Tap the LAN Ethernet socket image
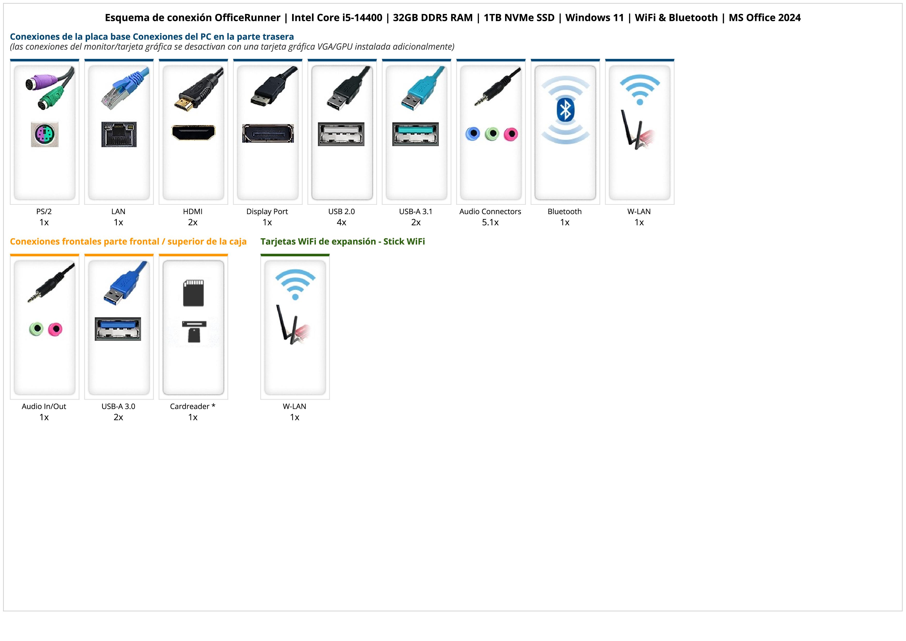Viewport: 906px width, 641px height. point(119,134)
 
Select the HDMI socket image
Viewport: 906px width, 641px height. point(193,132)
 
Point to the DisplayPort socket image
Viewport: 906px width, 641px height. point(268,133)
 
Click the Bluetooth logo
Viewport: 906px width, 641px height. point(565,110)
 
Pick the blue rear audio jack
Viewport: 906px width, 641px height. point(473,134)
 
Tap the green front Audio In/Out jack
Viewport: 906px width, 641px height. point(36,329)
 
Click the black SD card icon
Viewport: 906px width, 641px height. point(193,293)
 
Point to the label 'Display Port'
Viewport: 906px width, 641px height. point(267,212)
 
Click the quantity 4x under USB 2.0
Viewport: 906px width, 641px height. point(341,222)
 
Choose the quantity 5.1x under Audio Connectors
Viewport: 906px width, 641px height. point(490,222)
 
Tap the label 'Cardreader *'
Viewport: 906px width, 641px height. point(193,406)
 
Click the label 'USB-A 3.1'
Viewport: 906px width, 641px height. point(416,212)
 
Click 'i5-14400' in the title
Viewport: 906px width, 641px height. point(362,18)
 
